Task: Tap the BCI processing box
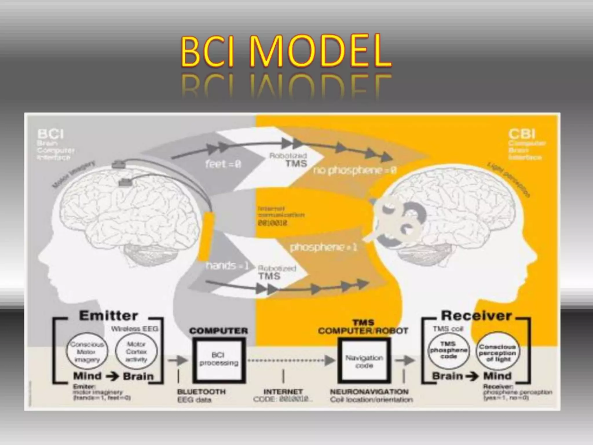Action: (x=219, y=359)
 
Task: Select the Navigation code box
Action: (x=364, y=361)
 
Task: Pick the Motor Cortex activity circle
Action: (x=136, y=352)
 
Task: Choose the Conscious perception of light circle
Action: (x=497, y=353)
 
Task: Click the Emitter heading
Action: (x=108, y=315)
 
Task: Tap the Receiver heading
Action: (x=476, y=315)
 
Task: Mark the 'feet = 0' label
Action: (x=223, y=164)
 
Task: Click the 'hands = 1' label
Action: (x=227, y=265)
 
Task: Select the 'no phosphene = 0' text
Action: (x=354, y=171)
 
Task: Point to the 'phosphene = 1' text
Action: (x=323, y=247)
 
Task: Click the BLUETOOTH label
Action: (x=201, y=392)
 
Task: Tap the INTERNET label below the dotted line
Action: (x=283, y=392)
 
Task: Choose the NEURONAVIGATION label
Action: (x=369, y=392)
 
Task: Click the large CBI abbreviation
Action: (x=522, y=134)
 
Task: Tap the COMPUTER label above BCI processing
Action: (x=219, y=331)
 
